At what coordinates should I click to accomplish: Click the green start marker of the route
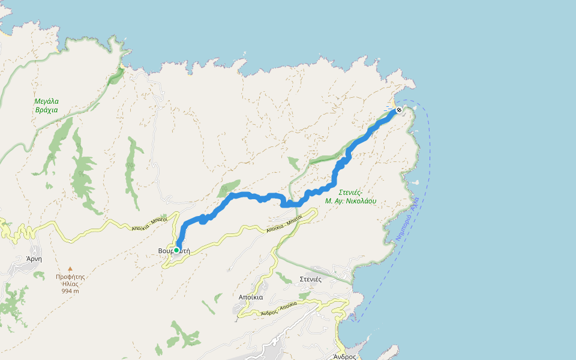pyautogui.click(x=176, y=250)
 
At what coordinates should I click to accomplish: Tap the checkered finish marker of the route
pyautogui.click(x=399, y=110)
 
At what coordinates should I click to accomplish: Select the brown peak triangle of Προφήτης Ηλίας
pyautogui.click(x=70, y=269)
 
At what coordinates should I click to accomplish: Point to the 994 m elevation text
pyautogui.click(x=70, y=291)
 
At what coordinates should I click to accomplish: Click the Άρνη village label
pyautogui.click(x=34, y=259)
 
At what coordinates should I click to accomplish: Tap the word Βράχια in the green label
pyautogui.click(x=46, y=110)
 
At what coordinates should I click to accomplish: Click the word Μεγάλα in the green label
pyautogui.click(x=46, y=101)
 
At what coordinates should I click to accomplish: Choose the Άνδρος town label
pyautogui.click(x=345, y=356)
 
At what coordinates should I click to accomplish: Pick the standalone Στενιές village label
pyautogui.click(x=311, y=279)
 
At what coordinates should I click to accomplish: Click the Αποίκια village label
pyautogui.click(x=250, y=297)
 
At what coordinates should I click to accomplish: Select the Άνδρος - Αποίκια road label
pyautogui.click(x=279, y=309)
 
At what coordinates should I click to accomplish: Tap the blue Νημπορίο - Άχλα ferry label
pyautogui.click(x=407, y=219)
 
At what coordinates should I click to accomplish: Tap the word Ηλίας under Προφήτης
pyautogui.click(x=70, y=284)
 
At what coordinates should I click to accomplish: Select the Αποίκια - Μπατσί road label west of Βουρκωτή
pyautogui.click(x=149, y=224)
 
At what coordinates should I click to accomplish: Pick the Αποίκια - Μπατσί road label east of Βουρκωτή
pyautogui.click(x=283, y=226)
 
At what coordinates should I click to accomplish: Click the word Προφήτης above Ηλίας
pyautogui.click(x=70, y=277)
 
